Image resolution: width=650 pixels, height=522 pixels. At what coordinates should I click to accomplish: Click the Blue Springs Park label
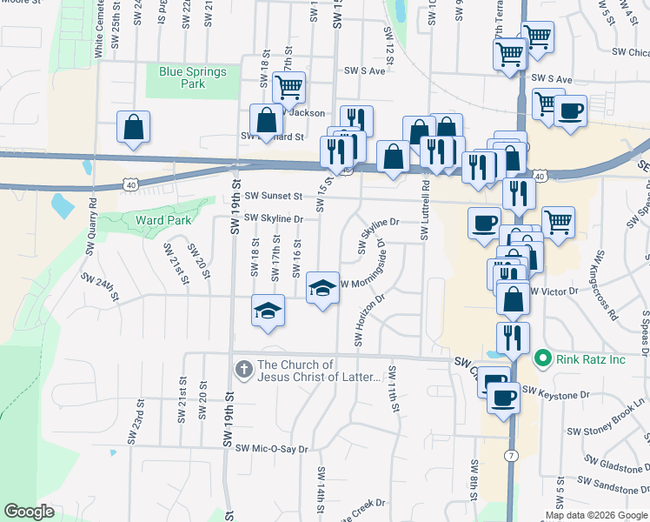pos(193,78)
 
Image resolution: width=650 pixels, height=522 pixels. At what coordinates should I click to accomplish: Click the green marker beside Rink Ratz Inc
pos(543,358)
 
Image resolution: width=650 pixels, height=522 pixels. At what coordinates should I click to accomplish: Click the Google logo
pos(29,512)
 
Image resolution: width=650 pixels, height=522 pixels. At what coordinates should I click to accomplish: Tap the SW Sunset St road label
pos(273,197)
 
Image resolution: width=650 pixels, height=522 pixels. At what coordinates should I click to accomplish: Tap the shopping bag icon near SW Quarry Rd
pos(133,126)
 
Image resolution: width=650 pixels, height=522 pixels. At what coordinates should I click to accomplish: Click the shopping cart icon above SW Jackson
pos(288,87)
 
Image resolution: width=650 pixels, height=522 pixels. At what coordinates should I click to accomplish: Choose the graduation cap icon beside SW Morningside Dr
pos(322,286)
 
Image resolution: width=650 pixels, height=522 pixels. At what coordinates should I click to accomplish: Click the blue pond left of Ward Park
pos(63,205)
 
